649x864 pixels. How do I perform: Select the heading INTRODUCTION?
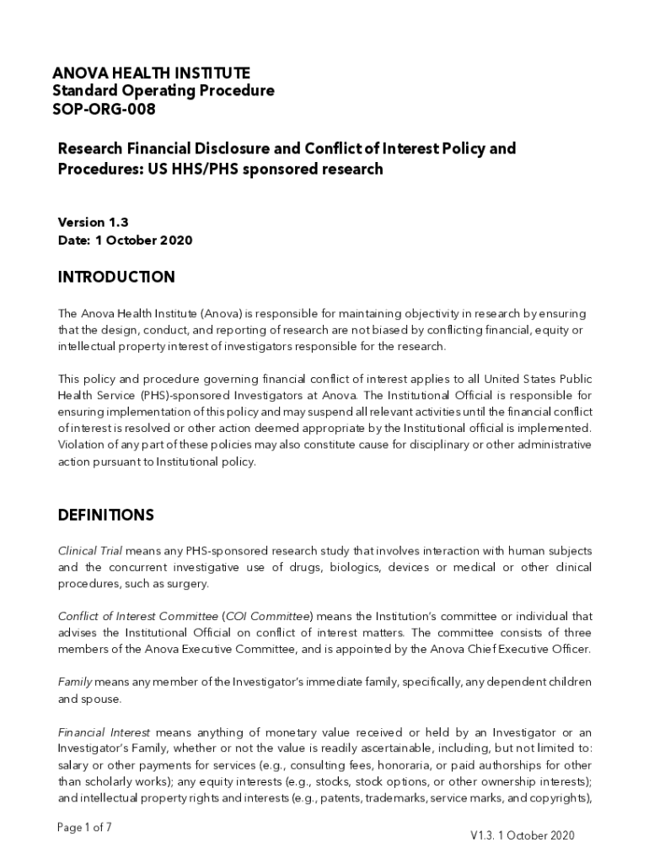[x=116, y=278]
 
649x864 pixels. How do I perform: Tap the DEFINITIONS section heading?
[x=105, y=515]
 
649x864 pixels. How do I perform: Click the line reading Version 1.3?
[x=93, y=223]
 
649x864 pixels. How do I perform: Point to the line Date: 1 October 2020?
[x=125, y=240]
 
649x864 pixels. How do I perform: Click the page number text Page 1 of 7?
[x=84, y=828]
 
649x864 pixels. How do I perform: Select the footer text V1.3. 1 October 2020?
[x=523, y=835]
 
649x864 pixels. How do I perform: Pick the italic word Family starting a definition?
[x=74, y=682]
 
